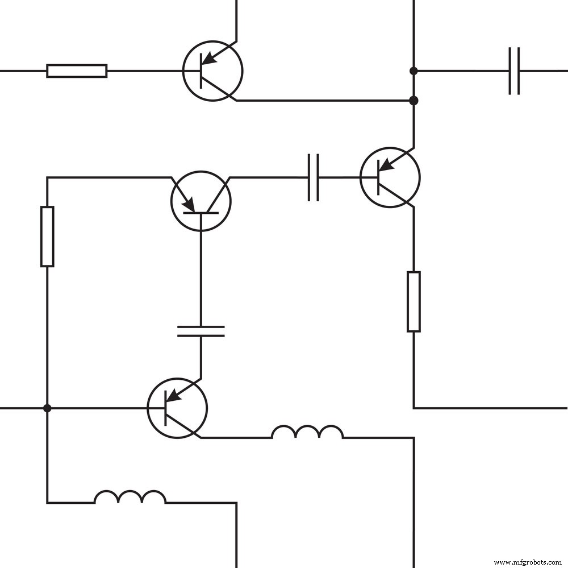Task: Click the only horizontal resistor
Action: click(77, 71)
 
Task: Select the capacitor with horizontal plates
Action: click(201, 331)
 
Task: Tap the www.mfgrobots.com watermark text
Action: click(528, 562)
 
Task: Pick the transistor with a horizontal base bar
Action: click(201, 201)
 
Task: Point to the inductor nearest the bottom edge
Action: click(130, 498)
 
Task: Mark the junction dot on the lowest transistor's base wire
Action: click(47, 408)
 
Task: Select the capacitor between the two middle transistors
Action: click(313, 177)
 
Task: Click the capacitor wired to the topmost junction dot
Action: click(514, 71)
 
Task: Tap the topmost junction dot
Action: click(414, 71)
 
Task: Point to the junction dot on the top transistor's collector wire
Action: click(414, 101)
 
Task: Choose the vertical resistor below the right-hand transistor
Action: click(414, 301)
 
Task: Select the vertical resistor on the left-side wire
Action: click(47, 237)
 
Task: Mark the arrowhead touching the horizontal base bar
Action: click(189, 205)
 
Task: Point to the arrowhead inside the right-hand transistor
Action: click(386, 164)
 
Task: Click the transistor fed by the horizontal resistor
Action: click(212, 71)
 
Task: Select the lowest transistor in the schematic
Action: click(177, 408)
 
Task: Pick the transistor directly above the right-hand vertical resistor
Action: click(390, 177)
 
